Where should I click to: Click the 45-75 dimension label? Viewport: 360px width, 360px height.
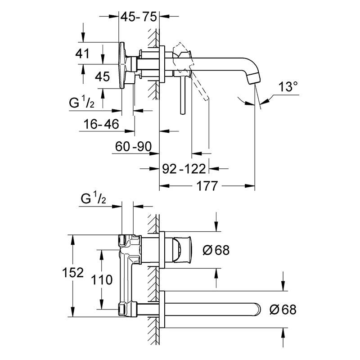coord(138,18)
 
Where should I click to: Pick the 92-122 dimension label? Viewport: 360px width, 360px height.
coord(184,169)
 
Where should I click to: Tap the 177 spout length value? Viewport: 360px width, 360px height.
coord(207,185)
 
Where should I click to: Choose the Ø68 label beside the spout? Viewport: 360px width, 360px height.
coord(283,309)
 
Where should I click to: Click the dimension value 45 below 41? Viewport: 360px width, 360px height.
coord(103,76)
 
